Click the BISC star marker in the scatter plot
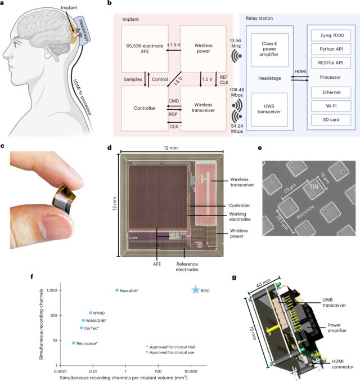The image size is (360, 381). tap(196, 290)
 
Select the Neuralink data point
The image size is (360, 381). tap(117, 290)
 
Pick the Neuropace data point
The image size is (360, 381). tap(74, 343)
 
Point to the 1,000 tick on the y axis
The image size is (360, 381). tap(52, 290)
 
